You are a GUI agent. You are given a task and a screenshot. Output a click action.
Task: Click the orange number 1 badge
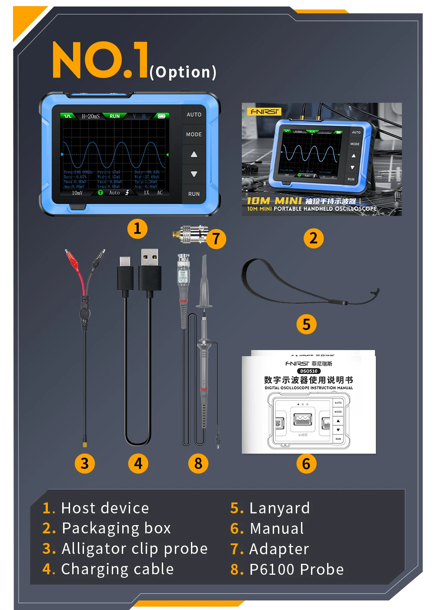(137, 229)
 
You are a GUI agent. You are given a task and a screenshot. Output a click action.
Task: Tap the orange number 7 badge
(216, 239)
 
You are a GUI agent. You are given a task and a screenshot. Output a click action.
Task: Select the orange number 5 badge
(306, 324)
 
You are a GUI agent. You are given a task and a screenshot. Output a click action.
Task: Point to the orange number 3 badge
(85, 464)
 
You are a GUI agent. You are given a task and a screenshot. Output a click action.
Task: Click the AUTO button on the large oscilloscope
(194, 115)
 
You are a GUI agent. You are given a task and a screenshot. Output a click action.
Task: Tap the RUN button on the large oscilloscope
(194, 194)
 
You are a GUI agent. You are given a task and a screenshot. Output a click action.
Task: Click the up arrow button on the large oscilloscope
(194, 154)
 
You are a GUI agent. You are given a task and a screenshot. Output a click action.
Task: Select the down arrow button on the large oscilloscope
(194, 174)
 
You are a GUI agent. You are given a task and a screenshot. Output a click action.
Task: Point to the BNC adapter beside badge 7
(190, 234)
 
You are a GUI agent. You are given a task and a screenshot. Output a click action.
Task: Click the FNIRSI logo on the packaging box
(264, 111)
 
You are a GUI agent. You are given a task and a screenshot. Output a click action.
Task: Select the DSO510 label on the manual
(309, 371)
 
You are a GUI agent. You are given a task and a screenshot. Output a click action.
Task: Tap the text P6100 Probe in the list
(296, 570)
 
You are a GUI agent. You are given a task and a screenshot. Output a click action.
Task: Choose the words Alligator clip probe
(134, 549)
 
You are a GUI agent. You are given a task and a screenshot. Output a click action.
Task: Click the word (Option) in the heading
(183, 72)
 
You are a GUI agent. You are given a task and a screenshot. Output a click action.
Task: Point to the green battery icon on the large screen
(161, 116)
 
